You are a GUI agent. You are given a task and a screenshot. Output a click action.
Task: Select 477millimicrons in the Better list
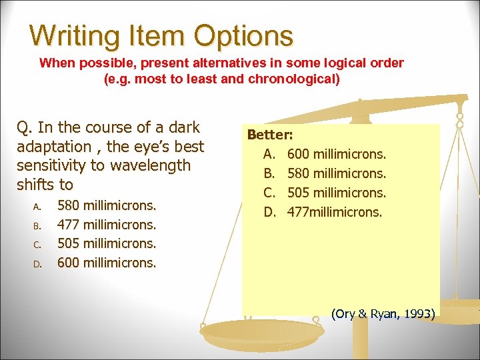click(x=335, y=213)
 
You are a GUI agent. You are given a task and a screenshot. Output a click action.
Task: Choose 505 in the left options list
click(x=69, y=243)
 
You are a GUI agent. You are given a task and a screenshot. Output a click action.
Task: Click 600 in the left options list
click(x=69, y=263)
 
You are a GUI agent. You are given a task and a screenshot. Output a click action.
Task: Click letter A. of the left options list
click(x=38, y=206)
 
